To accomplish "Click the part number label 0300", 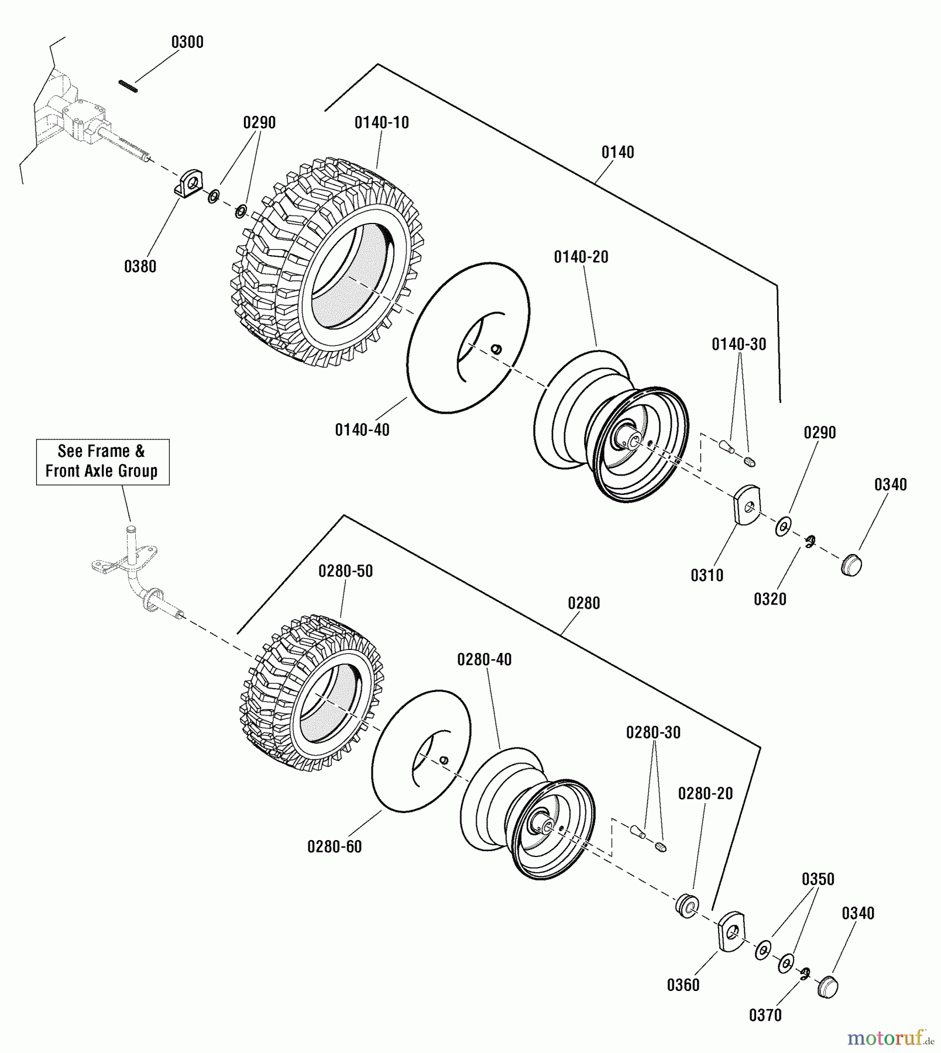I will click(187, 42).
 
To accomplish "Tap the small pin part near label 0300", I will click(128, 86).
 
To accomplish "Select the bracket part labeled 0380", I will click(190, 183).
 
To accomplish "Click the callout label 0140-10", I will click(382, 123).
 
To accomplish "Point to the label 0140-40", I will click(362, 430).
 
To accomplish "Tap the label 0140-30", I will click(739, 345).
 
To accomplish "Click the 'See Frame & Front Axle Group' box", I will click(102, 462).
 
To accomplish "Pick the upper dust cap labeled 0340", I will click(851, 566).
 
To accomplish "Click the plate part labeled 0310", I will click(746, 505).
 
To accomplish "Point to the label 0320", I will click(770, 599).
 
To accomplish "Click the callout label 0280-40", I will click(484, 660).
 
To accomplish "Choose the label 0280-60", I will click(334, 846).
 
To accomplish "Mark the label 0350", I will click(818, 879).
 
